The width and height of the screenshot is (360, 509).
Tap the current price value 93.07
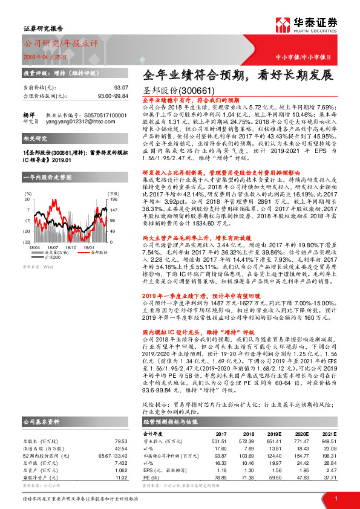click(121, 87)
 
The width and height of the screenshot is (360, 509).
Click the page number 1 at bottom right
click(335, 498)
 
